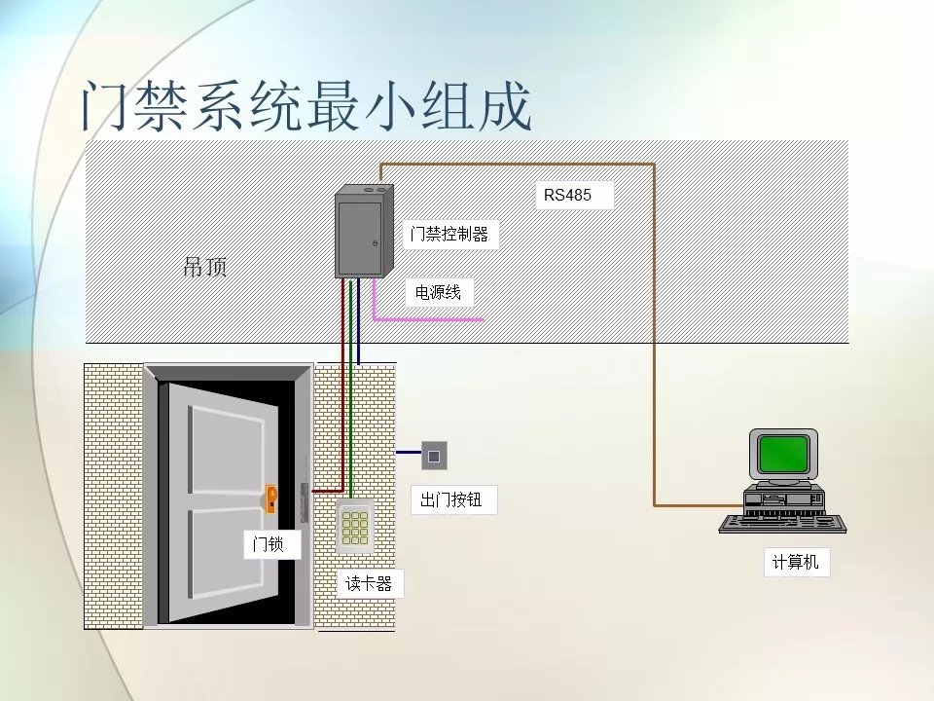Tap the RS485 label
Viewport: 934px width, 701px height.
(x=567, y=196)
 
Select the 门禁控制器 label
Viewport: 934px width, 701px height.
(x=449, y=235)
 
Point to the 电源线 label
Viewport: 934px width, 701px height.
(x=438, y=292)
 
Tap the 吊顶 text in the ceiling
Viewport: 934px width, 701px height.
(x=205, y=267)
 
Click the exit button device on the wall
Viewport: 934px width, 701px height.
(x=433, y=454)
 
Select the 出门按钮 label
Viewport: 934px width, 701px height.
(x=452, y=501)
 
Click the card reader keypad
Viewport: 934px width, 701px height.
(x=354, y=528)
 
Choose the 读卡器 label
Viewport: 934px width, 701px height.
(x=369, y=584)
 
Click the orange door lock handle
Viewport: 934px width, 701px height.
(x=271, y=499)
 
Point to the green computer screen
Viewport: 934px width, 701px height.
(x=783, y=454)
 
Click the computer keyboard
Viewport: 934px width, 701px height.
(x=782, y=524)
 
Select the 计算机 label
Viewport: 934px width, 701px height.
(x=796, y=562)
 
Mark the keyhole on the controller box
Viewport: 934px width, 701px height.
(x=375, y=243)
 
